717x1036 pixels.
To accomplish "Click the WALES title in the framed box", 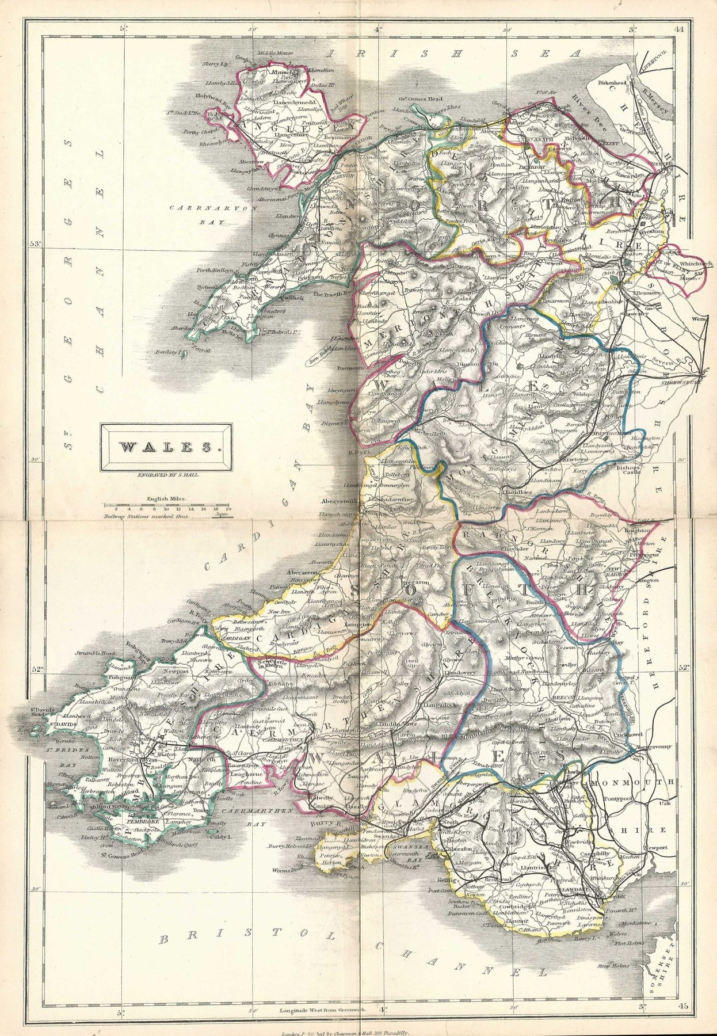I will pos(166,446).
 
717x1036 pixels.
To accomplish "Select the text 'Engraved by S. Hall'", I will pos(166,475).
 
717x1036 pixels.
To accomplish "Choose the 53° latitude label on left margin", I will pos(36,245).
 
